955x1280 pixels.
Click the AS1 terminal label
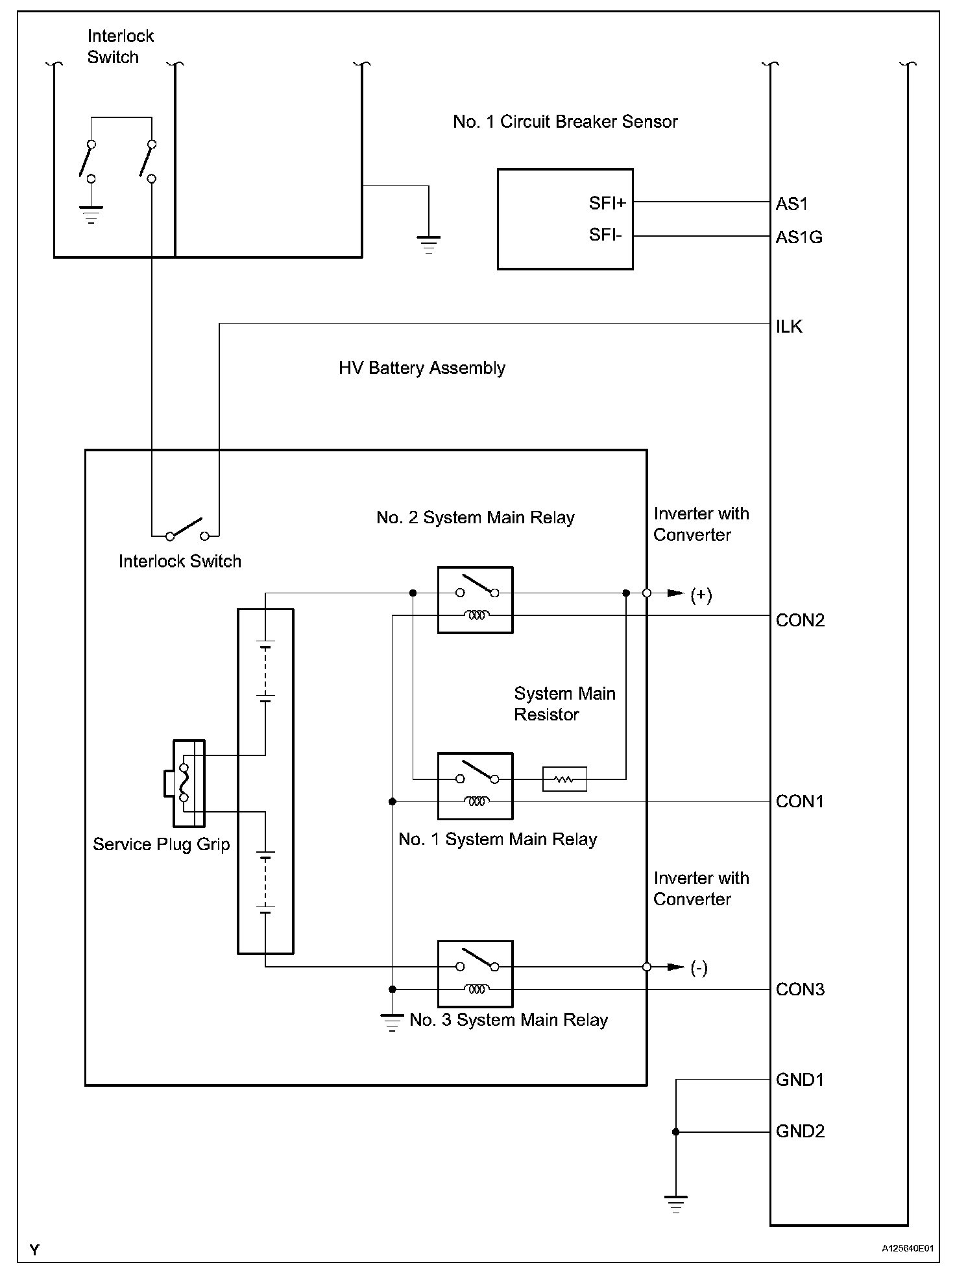pyautogui.click(x=792, y=204)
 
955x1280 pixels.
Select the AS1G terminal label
pyautogui.click(x=799, y=237)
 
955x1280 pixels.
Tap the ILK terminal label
pyautogui.click(x=789, y=326)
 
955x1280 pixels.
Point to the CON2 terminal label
pyautogui.click(x=800, y=621)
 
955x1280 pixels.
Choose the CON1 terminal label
pyautogui.click(x=799, y=801)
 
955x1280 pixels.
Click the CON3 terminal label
pyautogui.click(x=800, y=990)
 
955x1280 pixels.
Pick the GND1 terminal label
pyautogui.click(x=800, y=1080)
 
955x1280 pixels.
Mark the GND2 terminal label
pyautogui.click(x=800, y=1132)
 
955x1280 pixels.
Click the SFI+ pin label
pyautogui.click(x=607, y=204)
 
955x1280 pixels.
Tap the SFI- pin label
pyautogui.click(x=605, y=235)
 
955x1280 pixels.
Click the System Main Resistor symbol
pyautogui.click(x=564, y=779)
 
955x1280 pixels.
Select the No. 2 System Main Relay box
pyautogui.click(x=475, y=600)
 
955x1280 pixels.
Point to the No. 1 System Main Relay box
pyautogui.click(x=475, y=786)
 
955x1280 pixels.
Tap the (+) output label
pyautogui.click(x=701, y=595)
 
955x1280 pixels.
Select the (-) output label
pyautogui.click(x=699, y=968)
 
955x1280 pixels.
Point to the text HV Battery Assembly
pyautogui.click(x=422, y=368)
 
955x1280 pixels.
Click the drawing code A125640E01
pyautogui.click(x=907, y=1248)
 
